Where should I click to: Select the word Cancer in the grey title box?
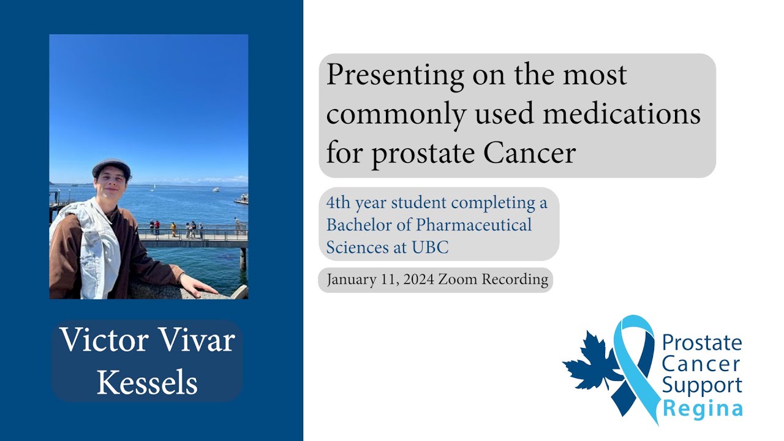point(530,153)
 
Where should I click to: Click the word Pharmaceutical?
point(474,225)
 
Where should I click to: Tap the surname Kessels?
point(147,383)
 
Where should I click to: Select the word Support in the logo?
point(702,386)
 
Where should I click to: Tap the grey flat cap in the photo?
point(111,166)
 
